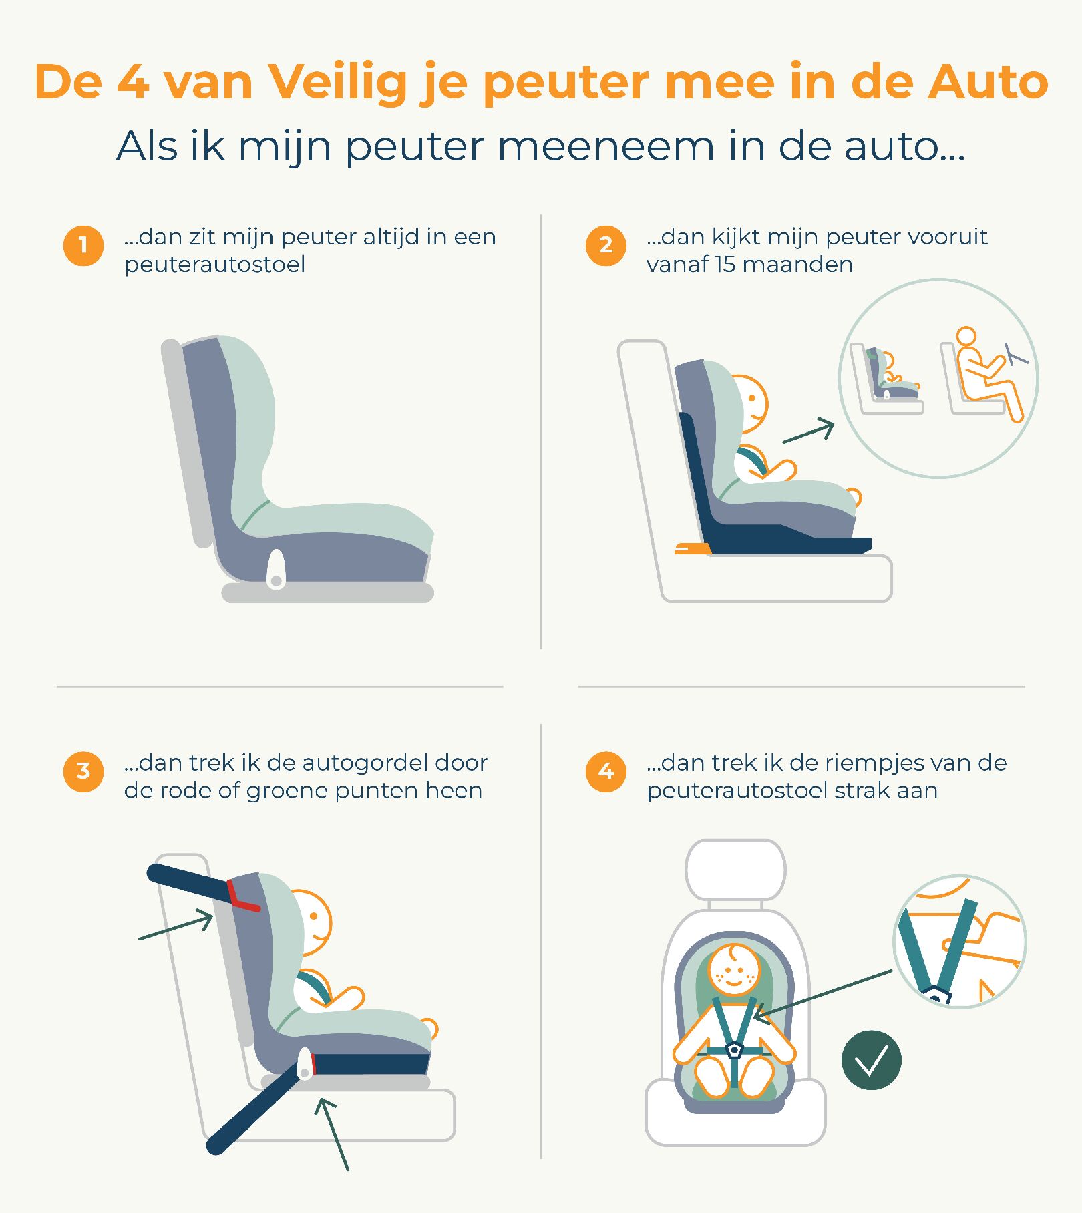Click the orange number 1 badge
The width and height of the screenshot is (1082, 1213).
pos(83,245)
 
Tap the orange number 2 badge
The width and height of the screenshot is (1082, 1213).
pos(606,245)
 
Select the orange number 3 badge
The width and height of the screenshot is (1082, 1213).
pos(83,771)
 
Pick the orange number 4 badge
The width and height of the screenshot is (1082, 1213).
pos(606,771)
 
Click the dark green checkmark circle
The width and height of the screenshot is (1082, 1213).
pos(872,1060)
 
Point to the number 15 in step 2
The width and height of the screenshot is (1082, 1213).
pos(724,265)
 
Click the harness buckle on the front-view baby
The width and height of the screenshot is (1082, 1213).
pos(735,1050)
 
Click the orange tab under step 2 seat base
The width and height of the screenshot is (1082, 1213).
pos(693,549)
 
